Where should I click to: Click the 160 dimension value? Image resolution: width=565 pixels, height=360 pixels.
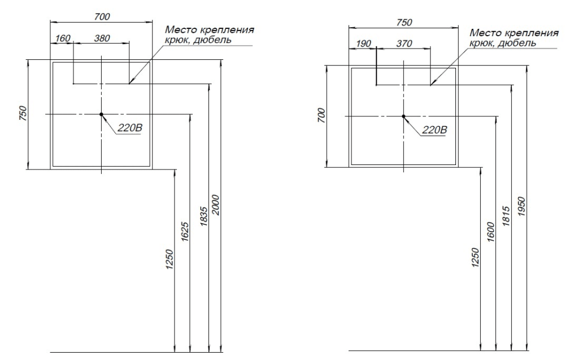(63, 38)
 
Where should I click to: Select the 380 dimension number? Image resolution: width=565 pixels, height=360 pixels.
(102, 38)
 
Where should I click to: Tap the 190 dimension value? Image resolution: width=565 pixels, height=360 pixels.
(363, 44)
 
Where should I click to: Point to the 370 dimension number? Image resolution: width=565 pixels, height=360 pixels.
(404, 44)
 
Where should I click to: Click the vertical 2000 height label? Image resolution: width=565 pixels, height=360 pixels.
(215, 205)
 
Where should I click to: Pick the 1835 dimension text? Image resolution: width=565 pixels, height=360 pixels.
(203, 216)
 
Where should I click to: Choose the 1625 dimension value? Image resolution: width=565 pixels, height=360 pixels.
(185, 232)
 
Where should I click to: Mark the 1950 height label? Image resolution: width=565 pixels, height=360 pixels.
(521, 206)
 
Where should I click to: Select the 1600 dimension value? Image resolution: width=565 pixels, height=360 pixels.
(490, 232)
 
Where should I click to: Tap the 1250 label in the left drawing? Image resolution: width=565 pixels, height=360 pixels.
(169, 259)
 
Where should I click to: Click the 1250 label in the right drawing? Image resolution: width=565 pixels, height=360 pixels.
(475, 258)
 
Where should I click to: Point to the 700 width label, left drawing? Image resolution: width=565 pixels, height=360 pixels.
(102, 16)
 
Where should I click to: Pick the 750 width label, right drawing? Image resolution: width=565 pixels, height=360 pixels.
(404, 23)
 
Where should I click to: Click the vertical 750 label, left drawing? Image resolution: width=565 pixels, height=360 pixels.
(23, 113)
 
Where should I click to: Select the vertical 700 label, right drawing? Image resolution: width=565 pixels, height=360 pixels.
(321, 115)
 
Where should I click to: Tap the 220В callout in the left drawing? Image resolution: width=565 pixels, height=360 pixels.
(130, 128)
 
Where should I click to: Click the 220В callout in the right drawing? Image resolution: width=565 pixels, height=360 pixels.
(434, 129)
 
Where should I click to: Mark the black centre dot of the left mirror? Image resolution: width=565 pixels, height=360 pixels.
(101, 114)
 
